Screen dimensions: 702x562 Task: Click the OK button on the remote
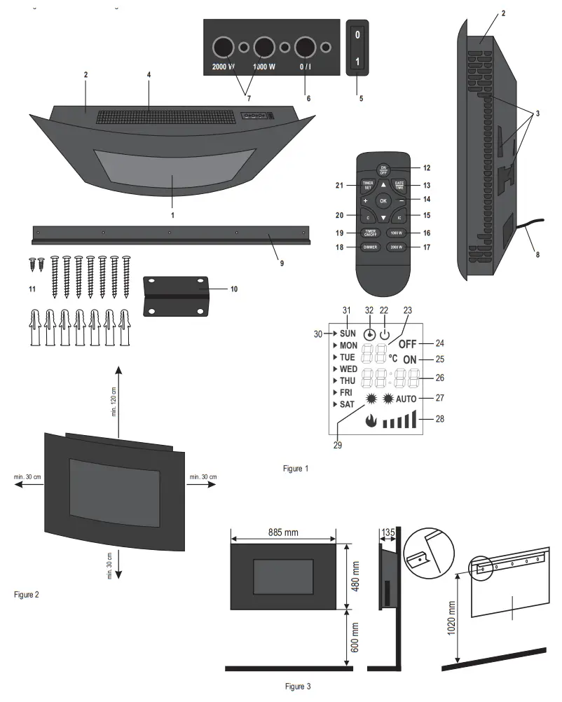pos(383,200)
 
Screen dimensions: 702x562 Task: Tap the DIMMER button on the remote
pos(369,247)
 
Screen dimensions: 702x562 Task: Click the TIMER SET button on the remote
pos(367,186)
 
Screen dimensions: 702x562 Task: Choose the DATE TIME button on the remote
pos(399,186)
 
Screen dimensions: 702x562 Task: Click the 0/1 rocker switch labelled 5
pos(357,48)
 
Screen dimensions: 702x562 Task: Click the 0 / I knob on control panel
pos(305,47)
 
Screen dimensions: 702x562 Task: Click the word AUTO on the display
pos(406,399)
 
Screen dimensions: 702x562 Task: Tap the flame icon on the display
pos(370,422)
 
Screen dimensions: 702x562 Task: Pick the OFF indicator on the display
pos(407,344)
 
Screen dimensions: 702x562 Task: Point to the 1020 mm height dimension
pos(453,617)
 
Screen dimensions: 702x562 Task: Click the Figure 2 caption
pos(27,595)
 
